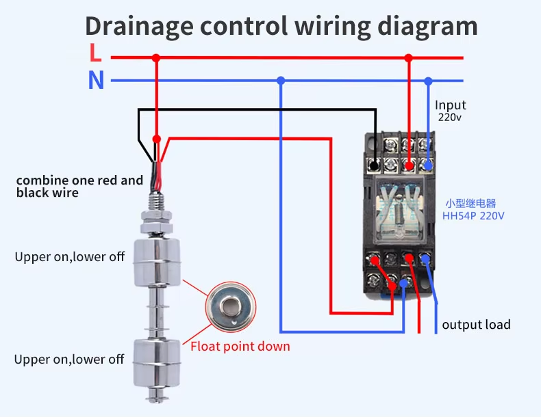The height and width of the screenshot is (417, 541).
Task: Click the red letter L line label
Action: pyautogui.click(x=96, y=53)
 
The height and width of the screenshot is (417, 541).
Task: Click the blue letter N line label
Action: pyautogui.click(x=97, y=80)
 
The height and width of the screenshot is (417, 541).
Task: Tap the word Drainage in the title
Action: pyautogui.click(x=140, y=27)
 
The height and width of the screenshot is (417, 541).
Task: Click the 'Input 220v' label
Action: pyautogui.click(x=450, y=111)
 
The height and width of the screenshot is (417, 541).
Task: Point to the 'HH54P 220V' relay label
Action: pyautogui.click(x=473, y=216)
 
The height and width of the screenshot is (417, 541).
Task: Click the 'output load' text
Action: pyautogui.click(x=476, y=325)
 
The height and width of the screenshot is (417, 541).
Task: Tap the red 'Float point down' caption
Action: pyautogui.click(x=240, y=347)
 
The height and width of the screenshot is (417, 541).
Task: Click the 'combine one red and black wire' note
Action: pyautogui.click(x=79, y=187)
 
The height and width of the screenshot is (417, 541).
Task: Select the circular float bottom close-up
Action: pyautogui.click(x=231, y=307)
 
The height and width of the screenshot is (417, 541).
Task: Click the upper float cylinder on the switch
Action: pyautogui.click(x=157, y=263)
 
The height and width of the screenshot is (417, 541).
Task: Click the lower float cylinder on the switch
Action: pyautogui.click(x=157, y=363)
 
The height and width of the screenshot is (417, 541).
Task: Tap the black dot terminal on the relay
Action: pyautogui.click(x=374, y=165)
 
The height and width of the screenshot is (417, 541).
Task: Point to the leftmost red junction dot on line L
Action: pyautogui.click(x=156, y=58)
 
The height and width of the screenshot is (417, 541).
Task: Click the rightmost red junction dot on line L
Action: pyautogui.click(x=409, y=58)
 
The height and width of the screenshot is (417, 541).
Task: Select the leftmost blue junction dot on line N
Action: pyautogui.click(x=281, y=81)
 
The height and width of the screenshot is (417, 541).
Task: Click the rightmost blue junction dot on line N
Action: pyautogui.click(x=428, y=81)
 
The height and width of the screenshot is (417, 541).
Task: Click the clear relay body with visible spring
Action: pyautogui.click(x=400, y=210)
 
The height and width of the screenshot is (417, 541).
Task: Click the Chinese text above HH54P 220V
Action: pyautogui.click(x=470, y=204)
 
